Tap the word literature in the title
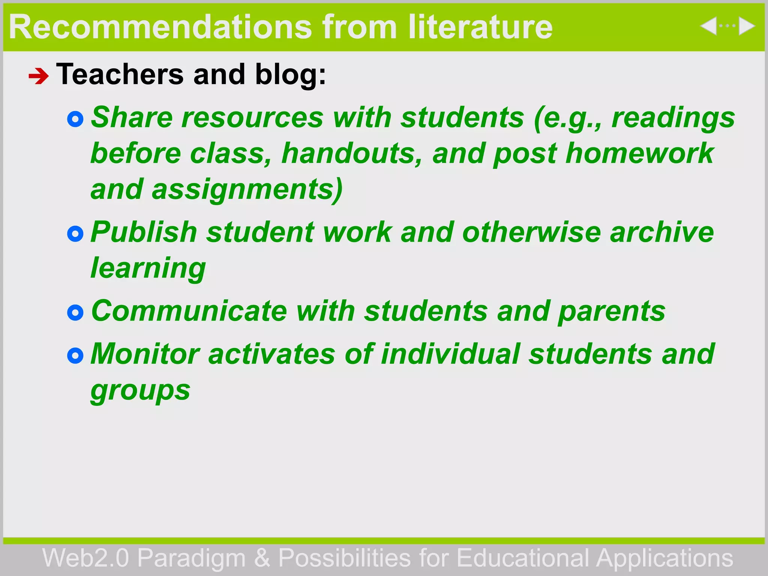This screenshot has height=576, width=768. (480, 27)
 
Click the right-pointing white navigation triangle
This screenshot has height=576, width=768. (746, 26)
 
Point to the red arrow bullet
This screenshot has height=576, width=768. (39, 76)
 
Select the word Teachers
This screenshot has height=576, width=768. (120, 74)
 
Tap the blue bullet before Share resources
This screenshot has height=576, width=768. (75, 119)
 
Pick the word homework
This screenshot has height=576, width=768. (639, 153)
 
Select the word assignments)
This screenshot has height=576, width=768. (247, 190)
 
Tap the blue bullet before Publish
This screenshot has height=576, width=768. (75, 234)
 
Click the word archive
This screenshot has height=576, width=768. (662, 232)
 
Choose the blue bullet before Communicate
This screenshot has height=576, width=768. (75, 313)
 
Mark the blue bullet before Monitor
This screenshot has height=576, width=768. (75, 355)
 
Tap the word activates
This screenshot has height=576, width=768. (271, 354)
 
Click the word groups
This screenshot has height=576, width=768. (140, 391)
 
